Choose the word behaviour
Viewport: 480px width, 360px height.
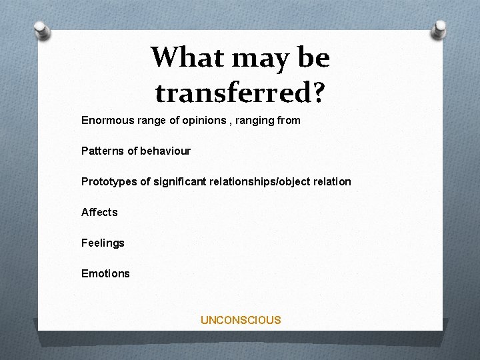[x=165, y=151]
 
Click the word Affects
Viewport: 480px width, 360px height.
[x=99, y=212]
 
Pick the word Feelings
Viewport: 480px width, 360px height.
[x=103, y=243]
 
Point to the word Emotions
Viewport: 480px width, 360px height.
[x=105, y=273]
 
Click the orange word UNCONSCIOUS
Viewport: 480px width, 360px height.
[x=241, y=320]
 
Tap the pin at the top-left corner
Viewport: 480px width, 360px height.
[x=42, y=29]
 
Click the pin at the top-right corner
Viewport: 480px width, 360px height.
[x=439, y=29]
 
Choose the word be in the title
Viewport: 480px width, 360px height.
[x=313, y=58]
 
